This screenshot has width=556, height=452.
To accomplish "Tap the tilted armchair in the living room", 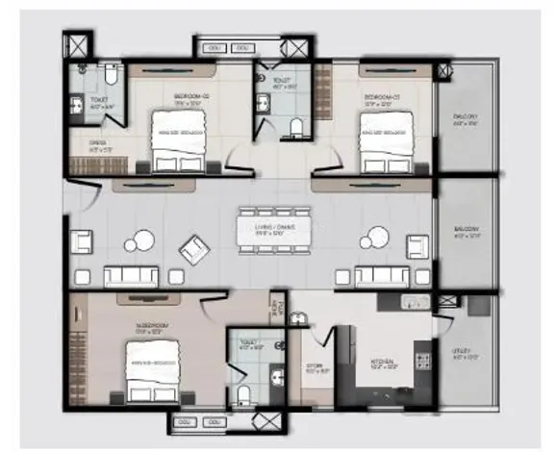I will [x=195, y=249].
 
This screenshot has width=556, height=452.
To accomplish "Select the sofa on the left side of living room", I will [x=131, y=276].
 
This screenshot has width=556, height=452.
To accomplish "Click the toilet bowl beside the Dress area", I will [x=111, y=73].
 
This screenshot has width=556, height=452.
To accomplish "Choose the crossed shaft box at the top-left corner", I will [x=76, y=45].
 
